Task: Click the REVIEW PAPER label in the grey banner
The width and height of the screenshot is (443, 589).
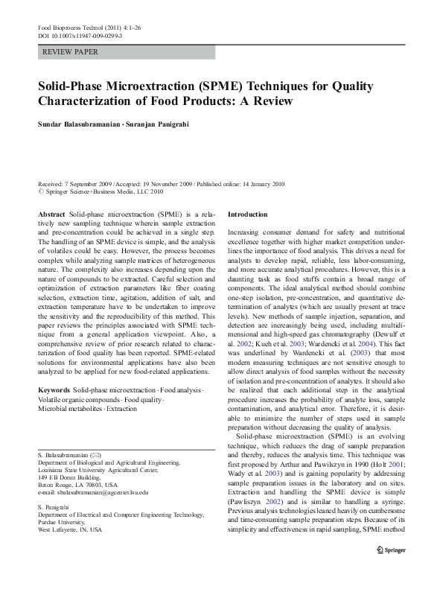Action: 71,52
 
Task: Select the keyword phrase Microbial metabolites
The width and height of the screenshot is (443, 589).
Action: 73,389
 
